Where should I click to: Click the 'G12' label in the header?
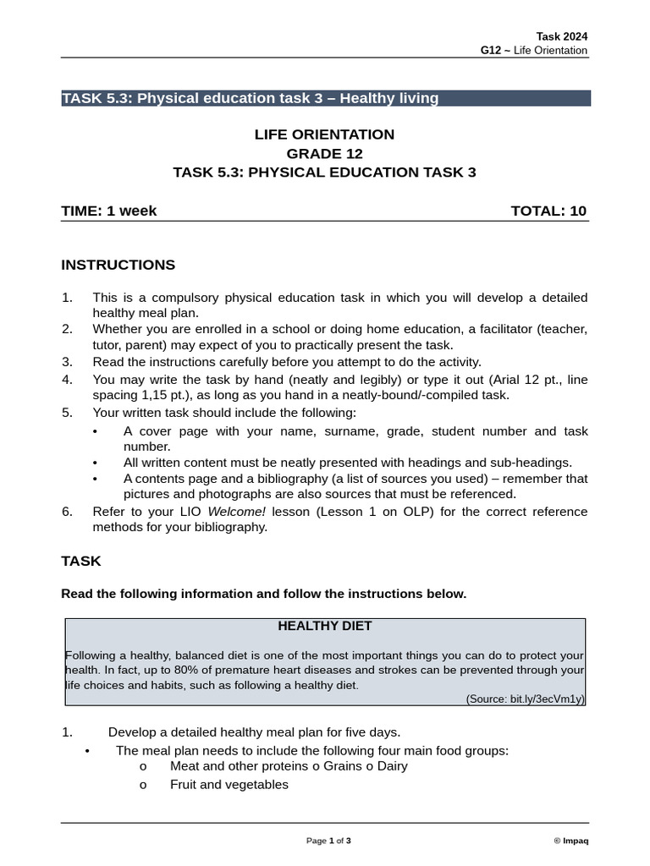click(490, 51)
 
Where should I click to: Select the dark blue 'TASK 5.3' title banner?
click(326, 98)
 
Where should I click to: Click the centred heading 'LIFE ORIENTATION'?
click(324, 134)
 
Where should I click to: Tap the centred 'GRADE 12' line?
click(324, 153)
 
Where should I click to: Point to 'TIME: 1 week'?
click(108, 211)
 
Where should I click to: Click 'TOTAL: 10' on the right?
click(548, 211)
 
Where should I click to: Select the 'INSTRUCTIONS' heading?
click(118, 265)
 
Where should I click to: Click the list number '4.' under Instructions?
click(68, 380)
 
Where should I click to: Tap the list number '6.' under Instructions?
click(68, 512)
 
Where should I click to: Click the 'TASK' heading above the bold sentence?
click(81, 561)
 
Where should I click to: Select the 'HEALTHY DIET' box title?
click(324, 627)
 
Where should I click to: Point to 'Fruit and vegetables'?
click(229, 785)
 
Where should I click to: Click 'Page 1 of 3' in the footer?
click(328, 841)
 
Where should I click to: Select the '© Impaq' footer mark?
click(571, 841)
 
